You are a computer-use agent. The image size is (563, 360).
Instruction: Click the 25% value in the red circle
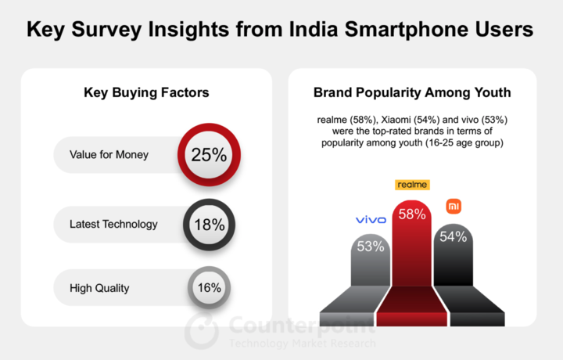209,155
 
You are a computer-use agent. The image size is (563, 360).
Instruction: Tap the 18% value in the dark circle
210,225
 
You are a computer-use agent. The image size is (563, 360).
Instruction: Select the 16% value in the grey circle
210,287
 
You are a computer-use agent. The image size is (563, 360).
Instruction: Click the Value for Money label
109,155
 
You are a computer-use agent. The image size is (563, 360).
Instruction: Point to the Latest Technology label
113,224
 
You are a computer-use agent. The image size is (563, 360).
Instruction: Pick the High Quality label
99,288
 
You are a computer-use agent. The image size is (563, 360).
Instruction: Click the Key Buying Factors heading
146,92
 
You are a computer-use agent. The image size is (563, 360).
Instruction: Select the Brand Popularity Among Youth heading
412,92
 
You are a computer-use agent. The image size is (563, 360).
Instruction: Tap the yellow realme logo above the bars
412,185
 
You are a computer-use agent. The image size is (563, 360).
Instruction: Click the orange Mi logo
454,207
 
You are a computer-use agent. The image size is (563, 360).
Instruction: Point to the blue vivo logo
371,219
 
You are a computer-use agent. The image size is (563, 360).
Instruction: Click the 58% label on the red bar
412,214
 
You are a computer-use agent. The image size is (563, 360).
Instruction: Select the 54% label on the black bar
453,237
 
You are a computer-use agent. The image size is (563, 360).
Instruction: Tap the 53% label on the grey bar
371,247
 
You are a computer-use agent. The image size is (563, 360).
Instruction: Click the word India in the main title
314,29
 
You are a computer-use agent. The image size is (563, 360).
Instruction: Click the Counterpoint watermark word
302,325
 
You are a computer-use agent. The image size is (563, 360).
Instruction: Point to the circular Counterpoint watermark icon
202,331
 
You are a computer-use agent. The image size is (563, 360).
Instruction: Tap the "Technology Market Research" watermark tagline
303,343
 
